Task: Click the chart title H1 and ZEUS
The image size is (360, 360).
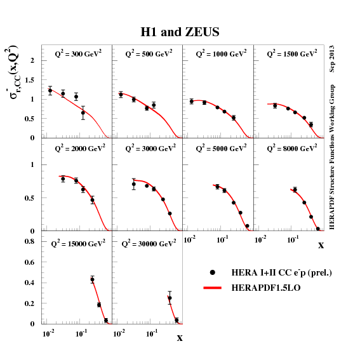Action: (x=180, y=32)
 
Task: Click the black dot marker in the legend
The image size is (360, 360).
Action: (x=213, y=272)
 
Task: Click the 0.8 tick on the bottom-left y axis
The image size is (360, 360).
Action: (x=29, y=241)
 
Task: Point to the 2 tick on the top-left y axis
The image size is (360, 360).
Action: (x=32, y=60)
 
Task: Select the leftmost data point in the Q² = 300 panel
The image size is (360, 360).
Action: (x=50, y=91)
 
